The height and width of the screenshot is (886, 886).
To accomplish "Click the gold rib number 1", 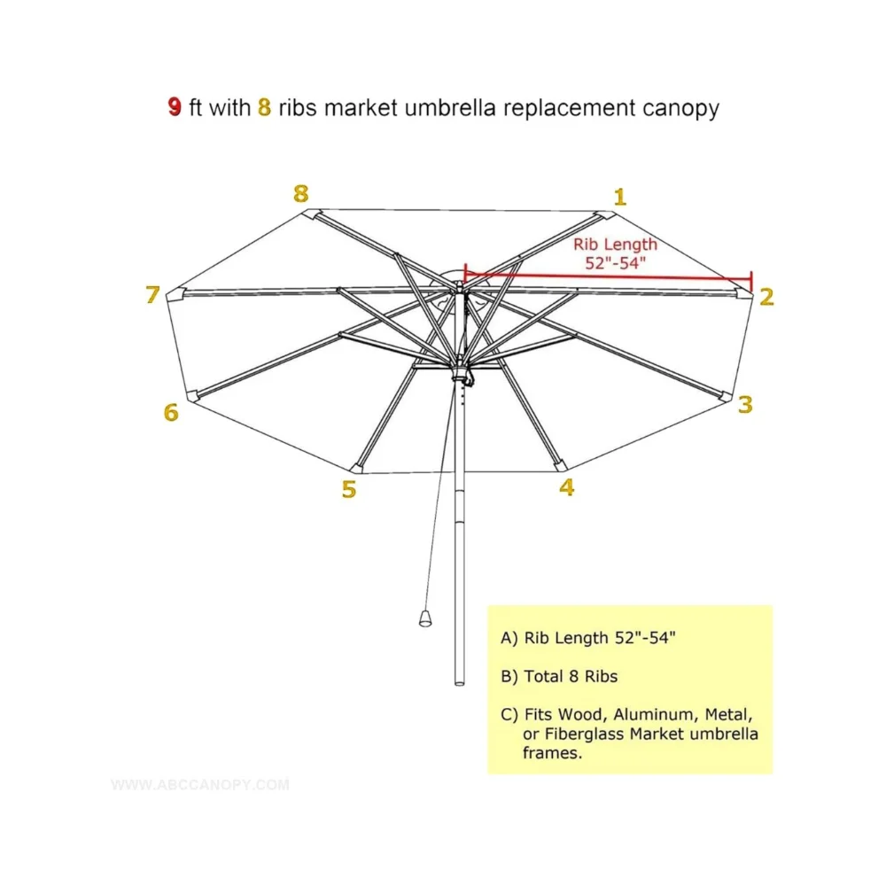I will (x=619, y=197).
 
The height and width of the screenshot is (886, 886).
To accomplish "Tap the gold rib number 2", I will (x=766, y=297).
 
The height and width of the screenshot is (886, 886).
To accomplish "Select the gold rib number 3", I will (x=745, y=405).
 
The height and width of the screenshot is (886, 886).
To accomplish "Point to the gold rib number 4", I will (x=566, y=486).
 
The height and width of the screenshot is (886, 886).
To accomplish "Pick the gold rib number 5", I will (x=349, y=489).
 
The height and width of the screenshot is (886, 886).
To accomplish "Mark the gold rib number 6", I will (x=171, y=412).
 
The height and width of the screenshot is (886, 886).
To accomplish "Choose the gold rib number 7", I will (x=152, y=295).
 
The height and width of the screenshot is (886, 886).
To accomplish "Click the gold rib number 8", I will (x=301, y=193).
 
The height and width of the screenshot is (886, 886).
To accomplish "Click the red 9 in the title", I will (x=175, y=108).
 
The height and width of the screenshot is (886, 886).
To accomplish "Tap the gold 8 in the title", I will (x=264, y=108).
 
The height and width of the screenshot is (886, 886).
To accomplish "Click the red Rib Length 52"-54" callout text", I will (x=616, y=253).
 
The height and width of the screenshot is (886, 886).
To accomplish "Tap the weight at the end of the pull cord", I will (x=426, y=617).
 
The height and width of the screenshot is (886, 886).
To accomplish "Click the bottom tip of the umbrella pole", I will (x=459, y=682).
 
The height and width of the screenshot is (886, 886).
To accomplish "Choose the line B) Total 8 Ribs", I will (x=559, y=677).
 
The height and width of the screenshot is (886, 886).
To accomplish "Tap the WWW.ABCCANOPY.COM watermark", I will (x=200, y=784).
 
